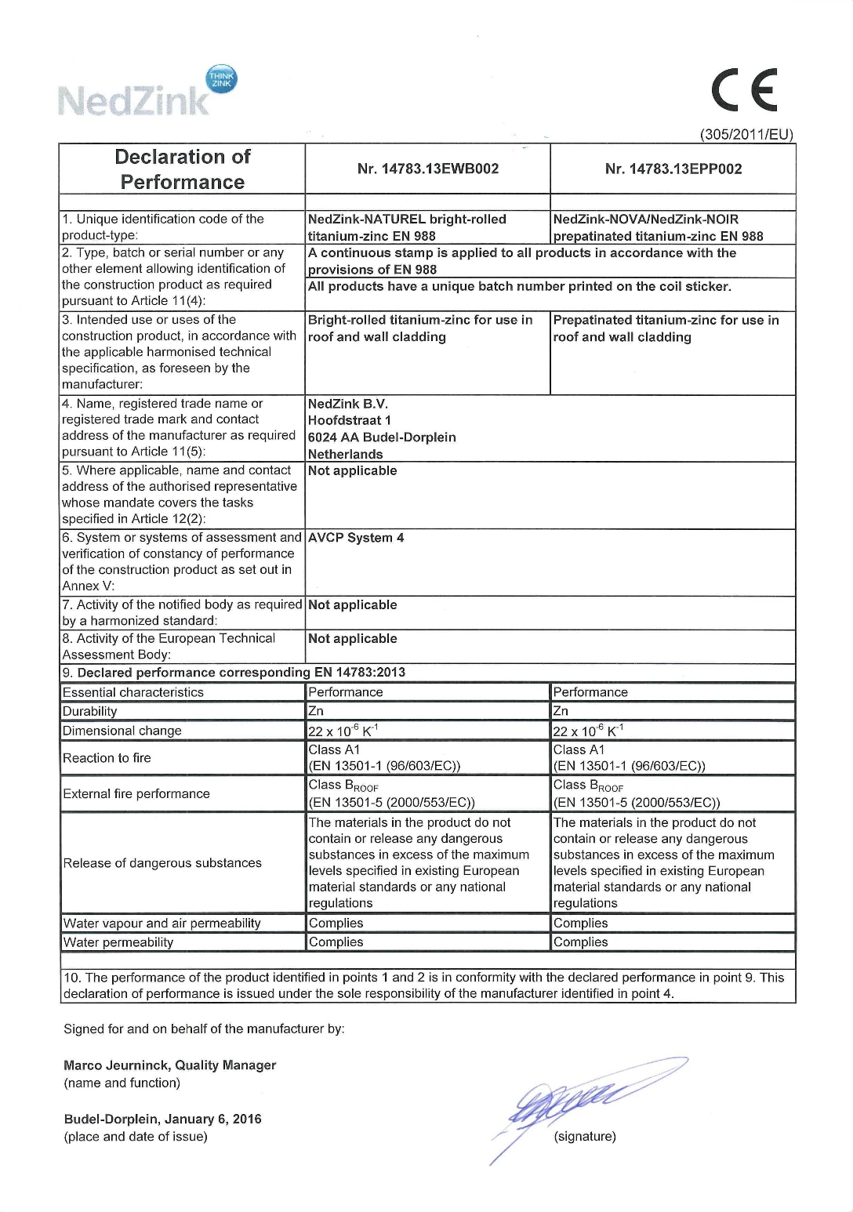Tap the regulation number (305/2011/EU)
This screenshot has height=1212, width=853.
pyautogui.click(x=746, y=135)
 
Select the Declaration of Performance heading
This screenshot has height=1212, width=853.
pyautogui.click(x=183, y=169)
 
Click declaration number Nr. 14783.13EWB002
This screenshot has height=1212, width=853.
pyautogui.click(x=428, y=169)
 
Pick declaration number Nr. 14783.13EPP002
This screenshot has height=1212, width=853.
pyautogui.click(x=673, y=169)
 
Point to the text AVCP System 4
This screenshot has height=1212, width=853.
pyautogui.click(x=356, y=538)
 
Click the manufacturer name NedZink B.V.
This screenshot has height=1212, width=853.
pyautogui.click(x=348, y=404)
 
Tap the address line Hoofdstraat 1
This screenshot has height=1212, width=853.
pyautogui.click(x=350, y=420)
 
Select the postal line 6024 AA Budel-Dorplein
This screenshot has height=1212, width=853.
pyautogui.click(x=382, y=437)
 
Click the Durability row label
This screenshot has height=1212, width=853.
pyautogui.click(x=90, y=712)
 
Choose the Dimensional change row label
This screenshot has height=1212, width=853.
pyautogui.click(x=122, y=731)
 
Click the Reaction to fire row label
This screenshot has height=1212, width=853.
pyautogui.click(x=107, y=758)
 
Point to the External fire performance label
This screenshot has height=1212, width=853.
pyautogui.click(x=136, y=793)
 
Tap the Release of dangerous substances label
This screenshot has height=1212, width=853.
pyautogui.click(x=162, y=863)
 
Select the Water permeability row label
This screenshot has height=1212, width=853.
pyautogui.click(x=118, y=942)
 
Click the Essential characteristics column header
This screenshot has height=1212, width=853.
pyautogui.click(x=133, y=692)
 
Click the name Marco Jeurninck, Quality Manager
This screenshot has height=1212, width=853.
pyautogui.click(x=170, y=1065)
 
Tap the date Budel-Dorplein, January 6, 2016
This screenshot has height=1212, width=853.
pyautogui.click(x=163, y=1119)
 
